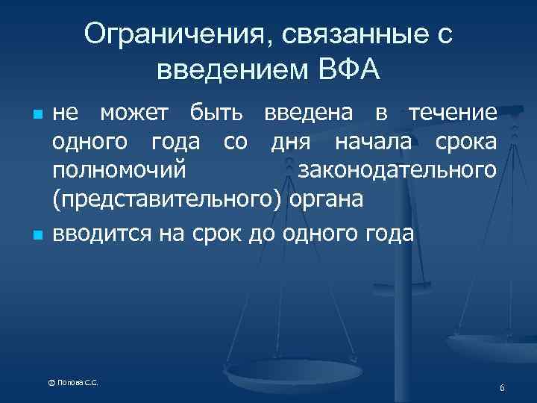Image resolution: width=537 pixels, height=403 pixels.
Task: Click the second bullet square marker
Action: (x=34, y=236)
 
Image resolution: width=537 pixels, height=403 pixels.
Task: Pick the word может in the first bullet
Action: (x=136, y=113)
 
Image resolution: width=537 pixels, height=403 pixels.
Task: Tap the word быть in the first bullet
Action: (x=216, y=113)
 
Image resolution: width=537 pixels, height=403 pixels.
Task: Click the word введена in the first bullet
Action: (x=307, y=113)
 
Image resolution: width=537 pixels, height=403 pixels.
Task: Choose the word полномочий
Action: (x=119, y=170)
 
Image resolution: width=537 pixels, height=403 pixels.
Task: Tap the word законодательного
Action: (x=396, y=170)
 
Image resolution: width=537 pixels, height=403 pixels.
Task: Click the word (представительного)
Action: (x=169, y=200)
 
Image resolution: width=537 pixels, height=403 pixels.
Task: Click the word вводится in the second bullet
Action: (x=101, y=234)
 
